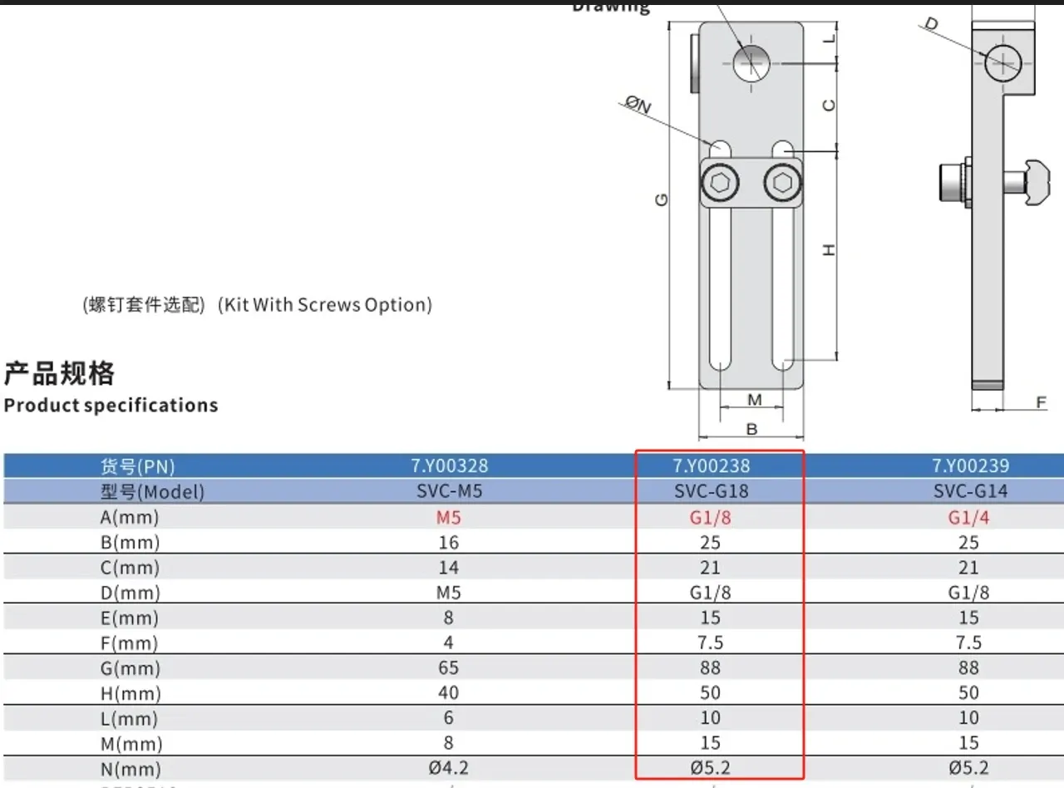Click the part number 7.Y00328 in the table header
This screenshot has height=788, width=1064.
[x=449, y=465]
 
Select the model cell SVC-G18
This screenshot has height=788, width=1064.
[x=711, y=491]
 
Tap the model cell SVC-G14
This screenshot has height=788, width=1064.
[x=969, y=491]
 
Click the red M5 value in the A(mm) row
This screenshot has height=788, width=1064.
[x=449, y=517]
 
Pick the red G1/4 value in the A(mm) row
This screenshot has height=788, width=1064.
[x=969, y=517]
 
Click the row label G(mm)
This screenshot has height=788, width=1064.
[x=130, y=668]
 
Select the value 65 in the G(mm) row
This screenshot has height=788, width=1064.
[x=449, y=668]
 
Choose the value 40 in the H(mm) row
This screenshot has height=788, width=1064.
[x=449, y=693]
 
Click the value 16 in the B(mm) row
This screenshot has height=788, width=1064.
[x=449, y=543]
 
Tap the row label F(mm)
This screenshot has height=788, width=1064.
[x=130, y=643]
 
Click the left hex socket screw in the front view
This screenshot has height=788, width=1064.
[x=718, y=182]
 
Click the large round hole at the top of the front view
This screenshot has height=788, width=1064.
[x=752, y=62]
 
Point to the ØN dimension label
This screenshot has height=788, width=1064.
[x=638, y=105]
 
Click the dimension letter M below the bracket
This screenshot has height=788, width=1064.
[x=754, y=401]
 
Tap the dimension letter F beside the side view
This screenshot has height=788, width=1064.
[x=1041, y=403]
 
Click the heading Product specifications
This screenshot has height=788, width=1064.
[x=111, y=406]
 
